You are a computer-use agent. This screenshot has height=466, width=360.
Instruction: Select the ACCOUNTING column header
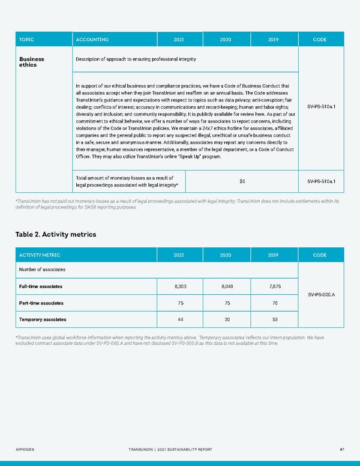[92, 40]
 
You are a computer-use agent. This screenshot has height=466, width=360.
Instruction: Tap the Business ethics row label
[32, 62]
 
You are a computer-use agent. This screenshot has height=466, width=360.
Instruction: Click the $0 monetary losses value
[242, 181]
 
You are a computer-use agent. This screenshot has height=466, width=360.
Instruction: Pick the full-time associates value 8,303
[178, 286]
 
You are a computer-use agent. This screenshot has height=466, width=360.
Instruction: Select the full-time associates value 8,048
[225, 286]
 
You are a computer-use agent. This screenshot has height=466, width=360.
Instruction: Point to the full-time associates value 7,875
[272, 286]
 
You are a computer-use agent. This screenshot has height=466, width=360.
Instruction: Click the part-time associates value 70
[272, 303]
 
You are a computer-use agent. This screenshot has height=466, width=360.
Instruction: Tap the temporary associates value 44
[178, 319]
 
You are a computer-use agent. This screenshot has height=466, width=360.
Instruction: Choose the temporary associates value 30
[225, 319]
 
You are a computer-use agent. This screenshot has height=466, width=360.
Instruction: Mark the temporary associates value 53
[272, 319]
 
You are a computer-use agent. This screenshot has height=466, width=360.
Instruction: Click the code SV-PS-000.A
[321, 295]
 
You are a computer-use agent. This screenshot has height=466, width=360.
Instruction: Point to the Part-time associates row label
[41, 303]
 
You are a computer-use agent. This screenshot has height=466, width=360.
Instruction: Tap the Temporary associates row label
[43, 319]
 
